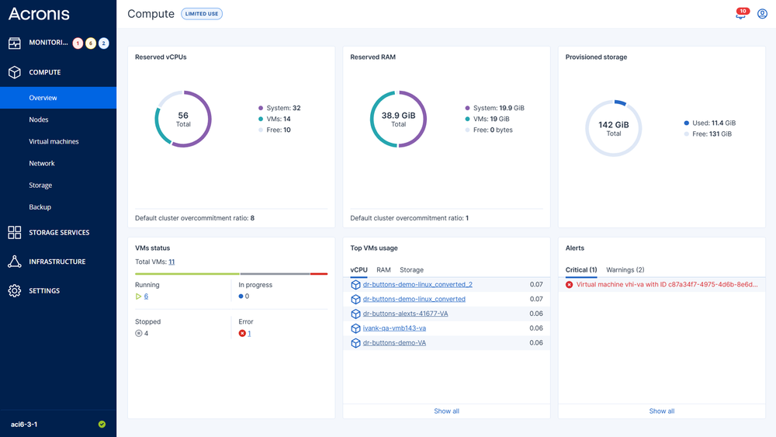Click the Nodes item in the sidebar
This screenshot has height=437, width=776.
click(39, 120)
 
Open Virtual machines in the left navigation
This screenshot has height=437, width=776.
click(54, 141)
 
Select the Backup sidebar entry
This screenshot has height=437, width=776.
click(40, 207)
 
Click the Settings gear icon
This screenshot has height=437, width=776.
click(15, 290)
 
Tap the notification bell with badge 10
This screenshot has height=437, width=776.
click(740, 14)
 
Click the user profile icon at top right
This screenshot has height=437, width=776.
click(762, 14)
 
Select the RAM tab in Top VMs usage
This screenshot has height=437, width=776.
click(383, 270)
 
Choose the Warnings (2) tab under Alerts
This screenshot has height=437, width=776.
click(625, 270)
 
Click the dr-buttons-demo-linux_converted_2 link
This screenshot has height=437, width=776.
click(417, 285)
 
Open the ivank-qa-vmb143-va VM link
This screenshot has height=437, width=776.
click(394, 328)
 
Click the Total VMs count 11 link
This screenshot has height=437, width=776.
click(171, 262)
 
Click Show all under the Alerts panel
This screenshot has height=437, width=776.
click(661, 411)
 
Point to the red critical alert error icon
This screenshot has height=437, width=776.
click(570, 285)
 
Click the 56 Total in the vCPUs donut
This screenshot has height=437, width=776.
click(183, 119)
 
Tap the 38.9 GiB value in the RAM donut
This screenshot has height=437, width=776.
click(398, 115)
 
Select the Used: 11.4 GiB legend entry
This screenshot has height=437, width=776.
click(709, 123)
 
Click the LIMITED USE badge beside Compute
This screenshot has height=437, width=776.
click(202, 14)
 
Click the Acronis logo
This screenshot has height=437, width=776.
click(39, 14)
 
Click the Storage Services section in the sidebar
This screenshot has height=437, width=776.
click(59, 232)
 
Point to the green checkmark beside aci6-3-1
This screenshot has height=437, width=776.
click(102, 425)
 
